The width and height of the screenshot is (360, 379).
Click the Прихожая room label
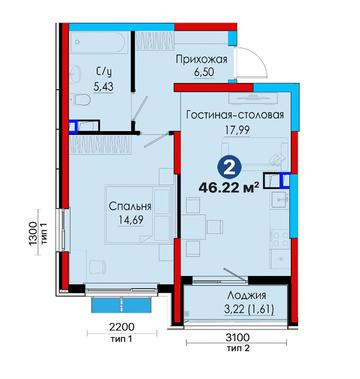(x=201, y=60)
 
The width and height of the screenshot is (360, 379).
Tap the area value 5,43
(x=103, y=87)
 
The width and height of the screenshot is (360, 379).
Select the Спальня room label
(x=130, y=206)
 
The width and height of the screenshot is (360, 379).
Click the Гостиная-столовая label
(x=235, y=115)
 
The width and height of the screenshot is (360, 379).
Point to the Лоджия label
(x=246, y=295)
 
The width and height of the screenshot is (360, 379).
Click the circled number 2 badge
(x=230, y=168)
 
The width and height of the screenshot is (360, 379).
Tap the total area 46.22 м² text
(x=229, y=188)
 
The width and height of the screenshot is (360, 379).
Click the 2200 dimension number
(x=122, y=327)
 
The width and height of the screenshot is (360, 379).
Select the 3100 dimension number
(x=237, y=337)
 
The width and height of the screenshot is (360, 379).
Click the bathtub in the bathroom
(x=99, y=42)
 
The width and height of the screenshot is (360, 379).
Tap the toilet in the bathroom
(x=81, y=100)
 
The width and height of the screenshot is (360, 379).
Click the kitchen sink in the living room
(x=280, y=200)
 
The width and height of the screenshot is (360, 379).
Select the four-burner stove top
(x=279, y=239)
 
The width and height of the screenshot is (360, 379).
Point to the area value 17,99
(x=237, y=130)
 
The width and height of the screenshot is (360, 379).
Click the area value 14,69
(x=130, y=220)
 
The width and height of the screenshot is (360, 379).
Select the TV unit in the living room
(x=253, y=98)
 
